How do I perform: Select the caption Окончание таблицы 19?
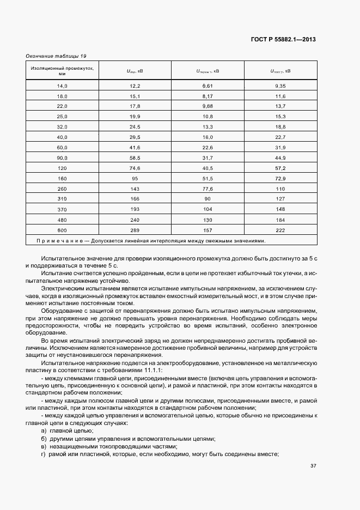tap(56, 56)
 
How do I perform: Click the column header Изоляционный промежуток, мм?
tap(62, 71)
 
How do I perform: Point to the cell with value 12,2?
tap(135, 86)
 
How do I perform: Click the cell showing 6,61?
tap(208, 86)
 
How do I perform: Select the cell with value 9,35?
tap(280, 86)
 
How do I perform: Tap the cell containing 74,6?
tap(135, 168)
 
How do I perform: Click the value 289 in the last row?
tap(135, 229)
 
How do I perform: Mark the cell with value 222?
tap(280, 229)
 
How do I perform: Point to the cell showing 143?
tap(135, 189)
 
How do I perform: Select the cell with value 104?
tap(208, 209)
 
